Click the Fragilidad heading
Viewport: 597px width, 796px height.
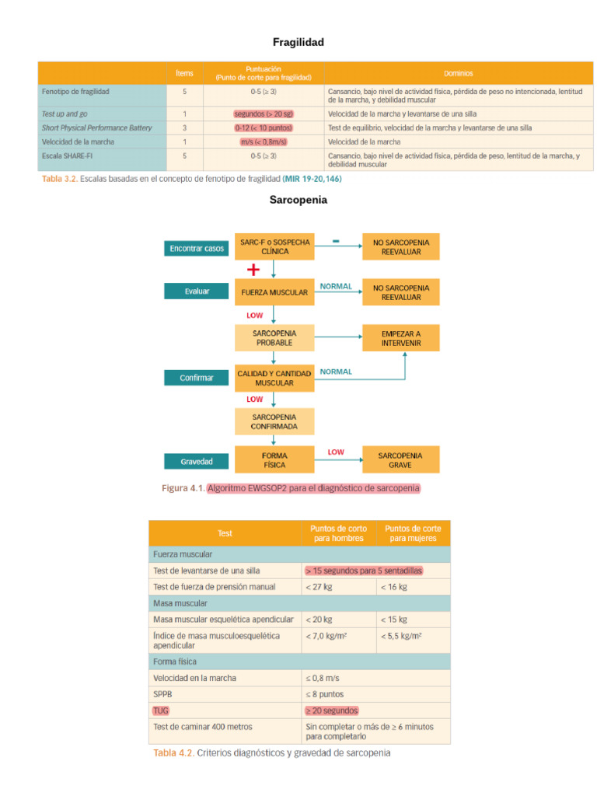pos(298,42)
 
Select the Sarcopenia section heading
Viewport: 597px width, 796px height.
pos(298,200)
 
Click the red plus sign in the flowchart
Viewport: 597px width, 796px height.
pos(253,270)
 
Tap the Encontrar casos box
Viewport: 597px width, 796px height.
pos(197,249)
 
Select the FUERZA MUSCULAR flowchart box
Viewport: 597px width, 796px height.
pos(274,293)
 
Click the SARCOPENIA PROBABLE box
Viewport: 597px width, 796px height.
pos(274,337)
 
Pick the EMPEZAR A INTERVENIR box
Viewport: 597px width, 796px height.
pos(401,337)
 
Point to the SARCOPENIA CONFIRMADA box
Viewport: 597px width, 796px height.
pos(274,421)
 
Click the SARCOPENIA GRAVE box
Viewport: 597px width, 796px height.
pos(401,460)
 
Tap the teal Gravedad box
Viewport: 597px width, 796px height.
pos(197,461)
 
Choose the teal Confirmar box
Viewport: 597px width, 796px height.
pos(197,378)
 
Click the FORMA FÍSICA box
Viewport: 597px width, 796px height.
pos(274,460)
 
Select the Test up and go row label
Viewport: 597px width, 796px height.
pos(65,113)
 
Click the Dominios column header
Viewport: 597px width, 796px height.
pos(459,73)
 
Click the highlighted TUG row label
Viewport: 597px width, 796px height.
pos(160,710)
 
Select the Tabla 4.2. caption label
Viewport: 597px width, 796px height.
pos(173,752)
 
